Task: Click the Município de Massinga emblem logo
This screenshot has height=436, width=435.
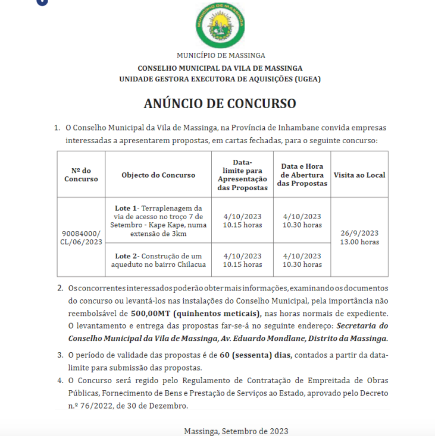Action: pos(220,25)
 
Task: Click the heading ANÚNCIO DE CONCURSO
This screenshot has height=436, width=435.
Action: pos(220,103)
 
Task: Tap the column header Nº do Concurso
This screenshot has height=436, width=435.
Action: pos(81,175)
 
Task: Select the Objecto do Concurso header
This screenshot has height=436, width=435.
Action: pos(158,175)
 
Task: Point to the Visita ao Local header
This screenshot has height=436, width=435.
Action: pos(359,175)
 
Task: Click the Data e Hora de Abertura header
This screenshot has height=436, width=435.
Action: pos(302,175)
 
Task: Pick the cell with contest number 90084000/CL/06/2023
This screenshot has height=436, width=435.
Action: pos(81,238)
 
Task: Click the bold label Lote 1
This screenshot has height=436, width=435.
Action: pos(126,208)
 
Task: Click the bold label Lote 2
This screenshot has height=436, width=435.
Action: pos(126,256)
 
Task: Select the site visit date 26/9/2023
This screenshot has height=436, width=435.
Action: pos(359,233)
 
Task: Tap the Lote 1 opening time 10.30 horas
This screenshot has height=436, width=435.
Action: pos(302,225)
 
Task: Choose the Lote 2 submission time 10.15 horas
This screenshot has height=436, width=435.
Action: pos(242,264)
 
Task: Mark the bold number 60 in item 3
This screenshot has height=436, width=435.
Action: pos(224,355)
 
